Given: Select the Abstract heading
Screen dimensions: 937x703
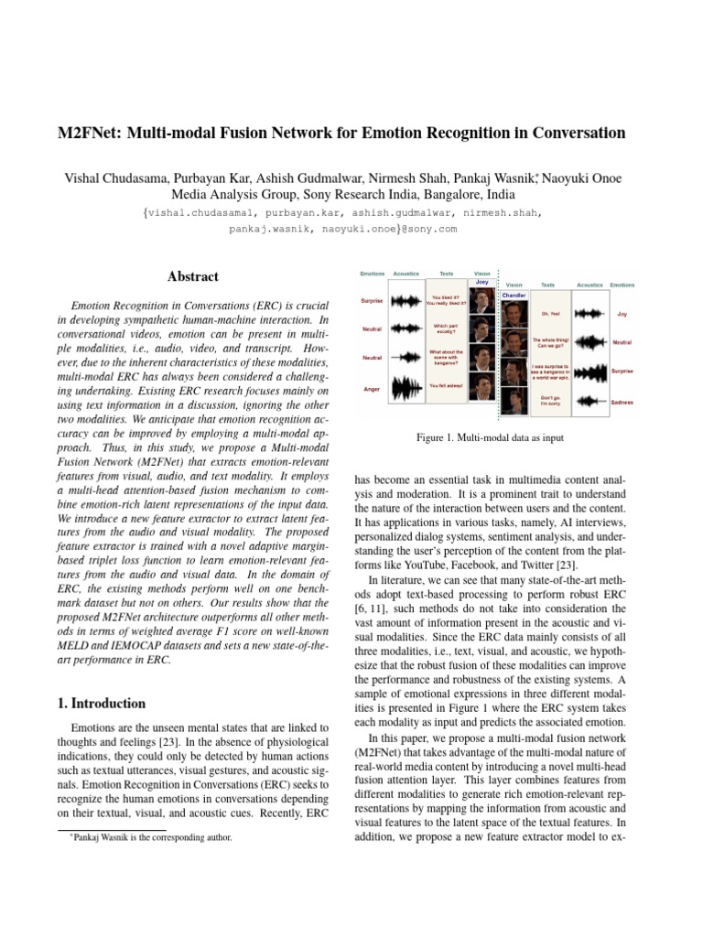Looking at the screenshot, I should (x=192, y=276).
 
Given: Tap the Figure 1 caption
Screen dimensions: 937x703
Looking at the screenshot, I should (x=490, y=438).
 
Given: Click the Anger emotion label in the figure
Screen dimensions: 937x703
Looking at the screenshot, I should (x=372, y=390).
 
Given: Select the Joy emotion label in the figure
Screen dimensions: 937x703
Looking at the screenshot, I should (x=622, y=313).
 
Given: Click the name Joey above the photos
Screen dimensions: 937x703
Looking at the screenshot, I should (x=481, y=283).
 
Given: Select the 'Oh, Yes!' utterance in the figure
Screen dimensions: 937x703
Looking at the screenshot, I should (x=550, y=313).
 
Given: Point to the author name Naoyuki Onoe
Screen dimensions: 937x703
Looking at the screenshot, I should (x=585, y=176).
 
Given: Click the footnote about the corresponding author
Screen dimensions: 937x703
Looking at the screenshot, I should (x=153, y=836).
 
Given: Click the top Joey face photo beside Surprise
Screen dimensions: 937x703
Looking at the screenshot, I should (x=481, y=301).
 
